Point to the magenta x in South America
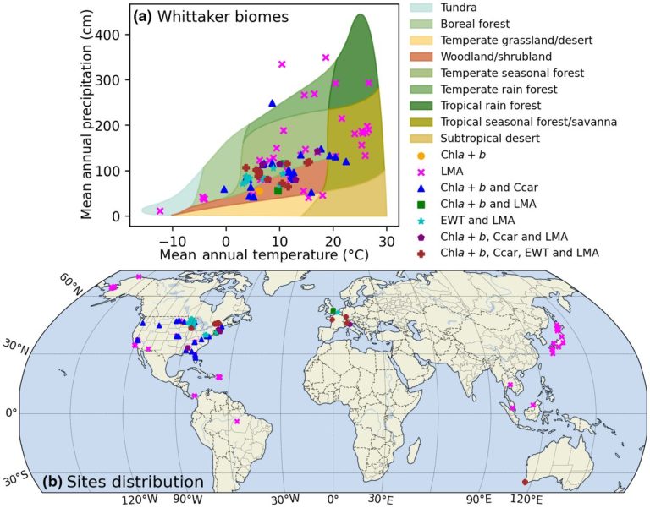tap(237, 421)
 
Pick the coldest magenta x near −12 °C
tap(160, 210)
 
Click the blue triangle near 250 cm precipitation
tap(272, 103)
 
